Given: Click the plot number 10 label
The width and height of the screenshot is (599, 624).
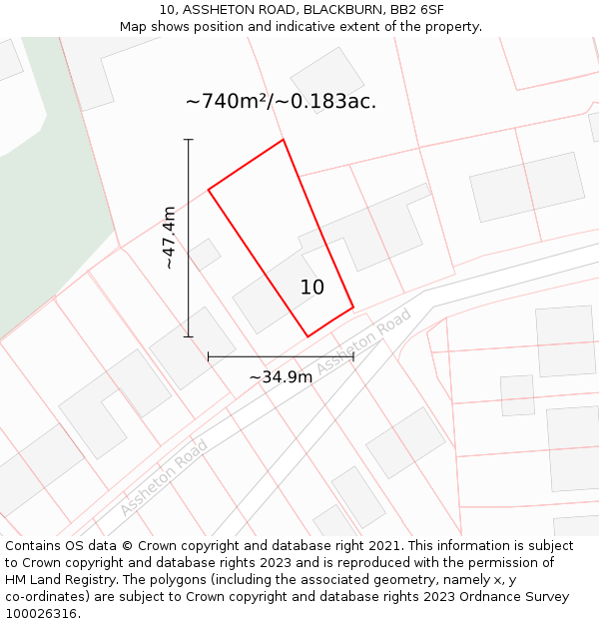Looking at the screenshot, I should pos(312,288).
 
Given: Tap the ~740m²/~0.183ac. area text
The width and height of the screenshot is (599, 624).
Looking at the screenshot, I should pos(281,101).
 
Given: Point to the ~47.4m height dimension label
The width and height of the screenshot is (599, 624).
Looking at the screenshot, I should pos(170,238).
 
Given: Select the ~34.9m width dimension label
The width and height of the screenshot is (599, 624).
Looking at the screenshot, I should pos(281,376).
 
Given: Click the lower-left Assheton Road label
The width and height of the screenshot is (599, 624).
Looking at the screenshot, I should pos(164,477).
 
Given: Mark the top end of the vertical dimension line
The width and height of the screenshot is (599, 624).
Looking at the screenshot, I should pos(188,139).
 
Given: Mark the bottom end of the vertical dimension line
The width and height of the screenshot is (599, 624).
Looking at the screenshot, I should pos(188,336).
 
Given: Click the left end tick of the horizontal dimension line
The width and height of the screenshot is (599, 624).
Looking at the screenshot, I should pos(208,356).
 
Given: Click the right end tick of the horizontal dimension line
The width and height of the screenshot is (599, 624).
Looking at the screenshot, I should pos(353,356).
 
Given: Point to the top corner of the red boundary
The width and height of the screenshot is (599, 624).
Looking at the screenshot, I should pos(284,140).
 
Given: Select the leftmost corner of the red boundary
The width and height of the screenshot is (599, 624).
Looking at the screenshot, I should pos(208,189).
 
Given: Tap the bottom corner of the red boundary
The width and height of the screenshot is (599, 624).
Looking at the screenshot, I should pos(307,336).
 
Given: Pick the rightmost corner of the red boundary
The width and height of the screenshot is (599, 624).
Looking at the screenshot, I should pos(353,307).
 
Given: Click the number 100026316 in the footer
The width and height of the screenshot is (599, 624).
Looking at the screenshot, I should pos(40,613).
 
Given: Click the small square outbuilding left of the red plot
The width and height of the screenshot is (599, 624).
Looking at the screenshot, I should pos(205,254).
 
